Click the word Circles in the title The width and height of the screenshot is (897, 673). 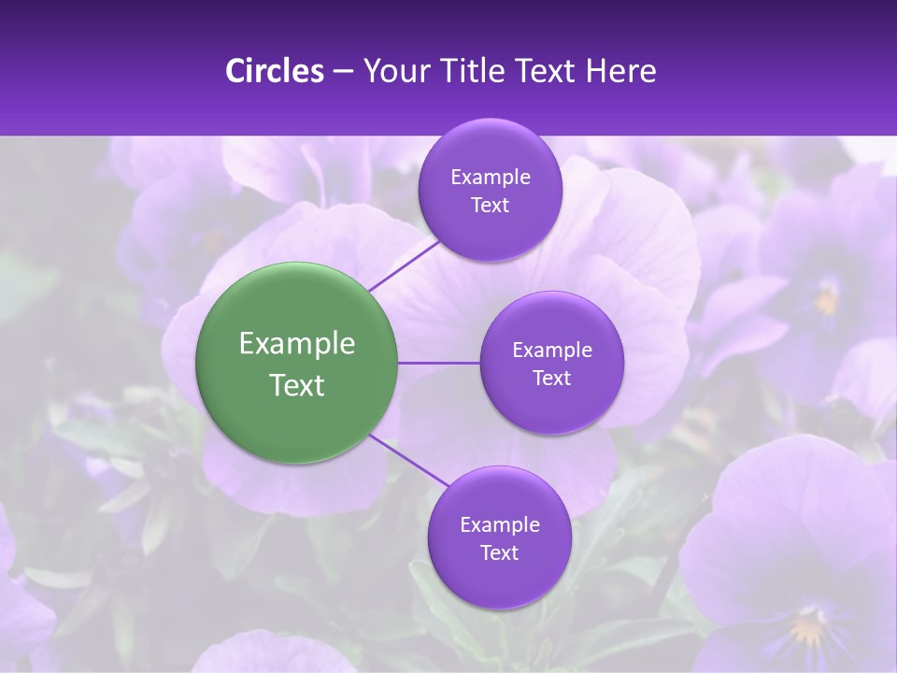coord(274,71)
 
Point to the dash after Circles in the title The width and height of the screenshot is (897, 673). coord(342,72)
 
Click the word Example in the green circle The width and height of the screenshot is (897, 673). coord(297,344)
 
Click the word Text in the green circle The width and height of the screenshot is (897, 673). coord(297,385)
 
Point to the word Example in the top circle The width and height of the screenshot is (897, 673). coord(490,178)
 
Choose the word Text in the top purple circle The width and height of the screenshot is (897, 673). coord(490,206)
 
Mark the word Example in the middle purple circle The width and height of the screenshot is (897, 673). coord(551,351)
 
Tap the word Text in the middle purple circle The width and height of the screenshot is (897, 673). coord(551,379)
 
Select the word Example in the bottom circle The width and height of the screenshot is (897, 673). coord(499,525)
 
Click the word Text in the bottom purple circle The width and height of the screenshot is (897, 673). coord(499,553)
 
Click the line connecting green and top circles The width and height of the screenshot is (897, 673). coord(404,263)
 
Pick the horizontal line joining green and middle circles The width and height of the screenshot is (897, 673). coord(439,363)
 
